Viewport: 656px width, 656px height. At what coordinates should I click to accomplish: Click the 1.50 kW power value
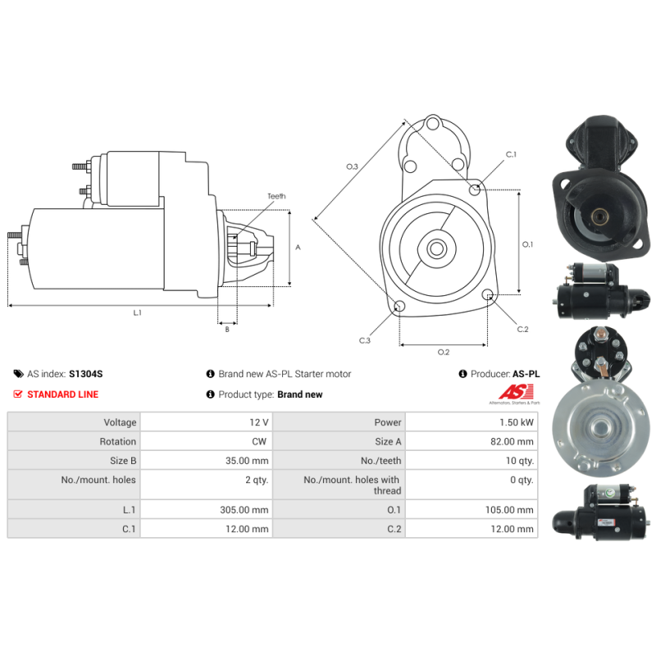point(517,422)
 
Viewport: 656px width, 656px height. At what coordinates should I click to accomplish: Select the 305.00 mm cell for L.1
point(244,509)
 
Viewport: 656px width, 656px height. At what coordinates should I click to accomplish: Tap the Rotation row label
point(117,441)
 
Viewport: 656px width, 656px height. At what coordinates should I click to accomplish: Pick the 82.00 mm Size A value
point(512,441)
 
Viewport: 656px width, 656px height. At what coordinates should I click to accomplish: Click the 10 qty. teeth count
point(520,461)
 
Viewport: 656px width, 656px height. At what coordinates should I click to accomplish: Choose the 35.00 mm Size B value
point(247,461)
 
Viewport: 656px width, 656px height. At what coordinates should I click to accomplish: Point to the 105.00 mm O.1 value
point(509,509)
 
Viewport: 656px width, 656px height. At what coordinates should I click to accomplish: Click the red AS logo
point(517,393)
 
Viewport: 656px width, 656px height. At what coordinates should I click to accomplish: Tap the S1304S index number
point(86,374)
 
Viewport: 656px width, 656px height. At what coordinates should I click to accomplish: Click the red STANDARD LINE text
point(63,394)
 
